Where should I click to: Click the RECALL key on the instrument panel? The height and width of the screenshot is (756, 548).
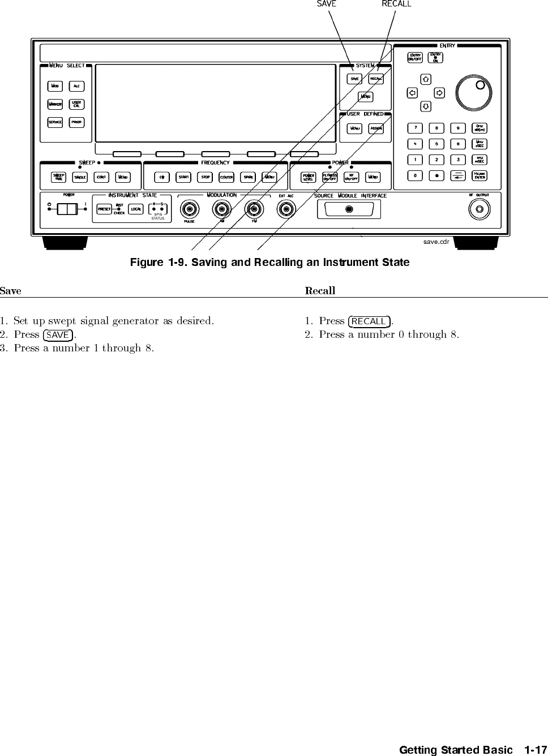tap(376, 79)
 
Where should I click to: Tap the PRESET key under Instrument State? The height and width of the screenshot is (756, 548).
tap(104, 209)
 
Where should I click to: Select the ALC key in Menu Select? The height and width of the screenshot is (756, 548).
tap(76, 86)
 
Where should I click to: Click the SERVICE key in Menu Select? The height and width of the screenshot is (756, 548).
tap(55, 122)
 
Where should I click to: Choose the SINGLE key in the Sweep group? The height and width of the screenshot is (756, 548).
tap(80, 177)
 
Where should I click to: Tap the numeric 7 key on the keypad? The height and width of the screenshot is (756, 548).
tap(416, 128)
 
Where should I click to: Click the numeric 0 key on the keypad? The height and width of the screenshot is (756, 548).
tap(416, 175)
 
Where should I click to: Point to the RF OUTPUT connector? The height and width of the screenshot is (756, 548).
tap(479, 209)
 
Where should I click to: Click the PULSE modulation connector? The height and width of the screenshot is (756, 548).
tap(189, 209)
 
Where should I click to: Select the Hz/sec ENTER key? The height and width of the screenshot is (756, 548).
tap(479, 175)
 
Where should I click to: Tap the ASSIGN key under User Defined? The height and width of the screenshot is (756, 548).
tap(376, 128)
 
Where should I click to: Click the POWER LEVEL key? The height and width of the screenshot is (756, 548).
tap(309, 177)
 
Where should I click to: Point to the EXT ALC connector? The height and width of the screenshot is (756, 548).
tap(286, 209)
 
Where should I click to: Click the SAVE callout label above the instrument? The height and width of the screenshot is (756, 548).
tap(327, 4)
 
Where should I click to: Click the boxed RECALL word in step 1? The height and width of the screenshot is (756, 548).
tap(369, 321)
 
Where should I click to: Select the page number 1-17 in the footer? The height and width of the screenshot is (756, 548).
tap(536, 750)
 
